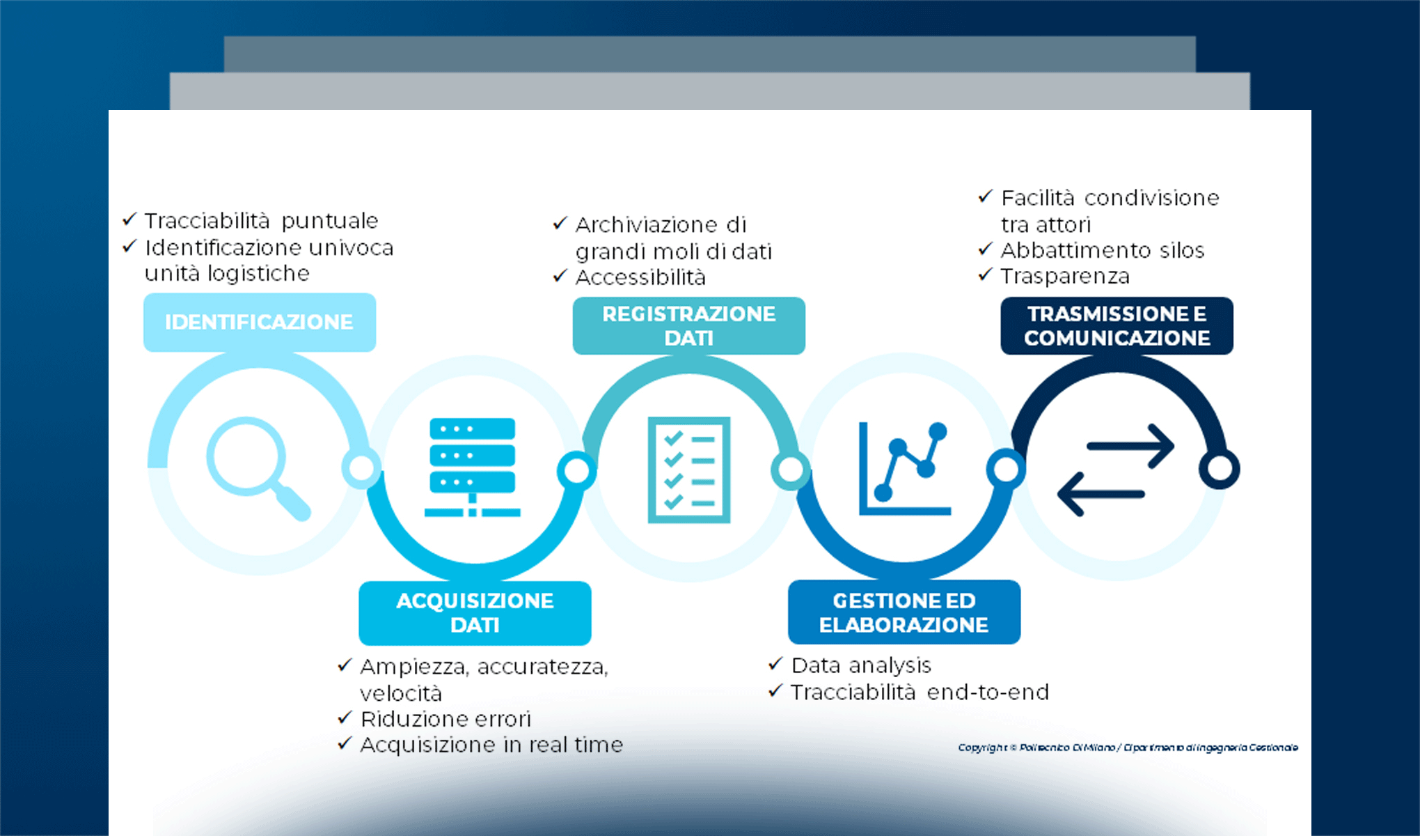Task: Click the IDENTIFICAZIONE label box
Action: (x=259, y=322)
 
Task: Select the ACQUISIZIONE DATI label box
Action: (x=475, y=612)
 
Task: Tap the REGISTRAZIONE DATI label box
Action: (x=688, y=325)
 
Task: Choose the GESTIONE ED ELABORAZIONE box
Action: (x=904, y=612)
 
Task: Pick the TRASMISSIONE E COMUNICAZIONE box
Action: (x=1117, y=325)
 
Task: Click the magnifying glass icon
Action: (x=254, y=465)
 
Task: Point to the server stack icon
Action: (x=473, y=467)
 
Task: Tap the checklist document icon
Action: (x=688, y=470)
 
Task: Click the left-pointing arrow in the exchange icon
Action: (x=1100, y=493)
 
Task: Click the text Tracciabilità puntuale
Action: (x=261, y=221)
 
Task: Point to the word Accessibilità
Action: (x=640, y=277)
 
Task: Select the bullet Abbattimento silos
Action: (x=1102, y=250)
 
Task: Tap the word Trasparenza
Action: (x=1065, y=277)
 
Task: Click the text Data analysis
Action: (x=861, y=665)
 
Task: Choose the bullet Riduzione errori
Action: (x=445, y=719)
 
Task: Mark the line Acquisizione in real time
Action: (x=491, y=745)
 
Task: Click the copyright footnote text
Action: (x=1128, y=748)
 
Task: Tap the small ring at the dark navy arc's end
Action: (x=1220, y=468)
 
